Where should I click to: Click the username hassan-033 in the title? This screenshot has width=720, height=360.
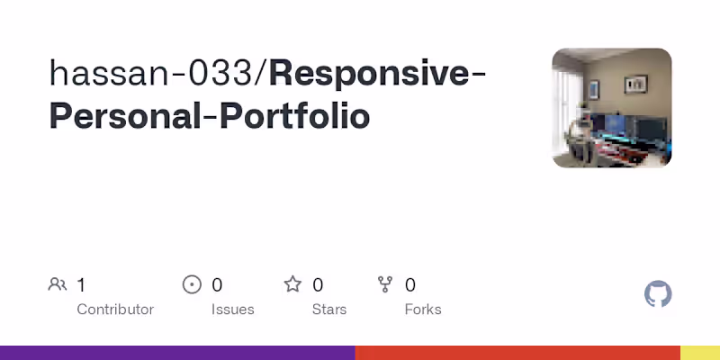tap(153, 73)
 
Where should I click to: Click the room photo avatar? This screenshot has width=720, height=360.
tap(612, 108)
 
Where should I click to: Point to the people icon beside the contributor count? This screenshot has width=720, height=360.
tap(58, 285)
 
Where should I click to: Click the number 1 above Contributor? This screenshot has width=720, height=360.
tap(81, 285)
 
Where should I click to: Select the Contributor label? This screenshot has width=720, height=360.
tap(115, 310)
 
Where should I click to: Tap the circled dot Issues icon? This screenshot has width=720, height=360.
tap(192, 285)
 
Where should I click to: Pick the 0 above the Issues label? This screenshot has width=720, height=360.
tap(217, 285)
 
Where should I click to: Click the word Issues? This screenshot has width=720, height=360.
tap(233, 310)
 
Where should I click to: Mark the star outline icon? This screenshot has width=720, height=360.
tap(292, 285)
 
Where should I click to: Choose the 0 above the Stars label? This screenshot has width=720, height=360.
tap(318, 285)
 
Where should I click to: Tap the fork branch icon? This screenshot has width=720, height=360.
tap(386, 285)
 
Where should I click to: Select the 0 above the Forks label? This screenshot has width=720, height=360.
tap(410, 285)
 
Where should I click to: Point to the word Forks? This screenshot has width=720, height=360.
tap(423, 310)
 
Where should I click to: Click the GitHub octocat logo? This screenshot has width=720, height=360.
tap(659, 294)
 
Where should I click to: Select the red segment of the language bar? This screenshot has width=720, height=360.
tap(517, 353)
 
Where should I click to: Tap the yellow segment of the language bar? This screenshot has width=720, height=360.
tap(700, 353)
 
